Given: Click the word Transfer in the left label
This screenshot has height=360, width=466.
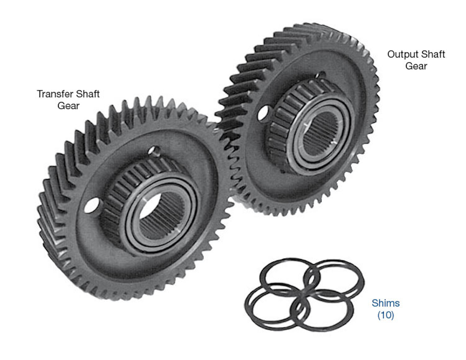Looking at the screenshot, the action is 55,94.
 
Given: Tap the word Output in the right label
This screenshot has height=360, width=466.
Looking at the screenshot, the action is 399,54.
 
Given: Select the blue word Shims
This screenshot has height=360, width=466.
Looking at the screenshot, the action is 386,303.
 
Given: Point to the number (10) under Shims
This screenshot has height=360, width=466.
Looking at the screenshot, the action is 386,315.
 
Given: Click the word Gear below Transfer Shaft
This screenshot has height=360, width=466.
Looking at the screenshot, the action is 68,106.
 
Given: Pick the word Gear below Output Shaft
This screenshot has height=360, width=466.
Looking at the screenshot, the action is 416,66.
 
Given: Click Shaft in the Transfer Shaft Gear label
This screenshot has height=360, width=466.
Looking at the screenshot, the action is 88,94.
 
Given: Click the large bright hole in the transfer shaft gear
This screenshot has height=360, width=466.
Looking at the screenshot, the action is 92,205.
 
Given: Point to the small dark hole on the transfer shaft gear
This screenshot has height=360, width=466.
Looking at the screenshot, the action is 155,151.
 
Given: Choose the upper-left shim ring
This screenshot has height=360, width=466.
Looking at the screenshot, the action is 290,276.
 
